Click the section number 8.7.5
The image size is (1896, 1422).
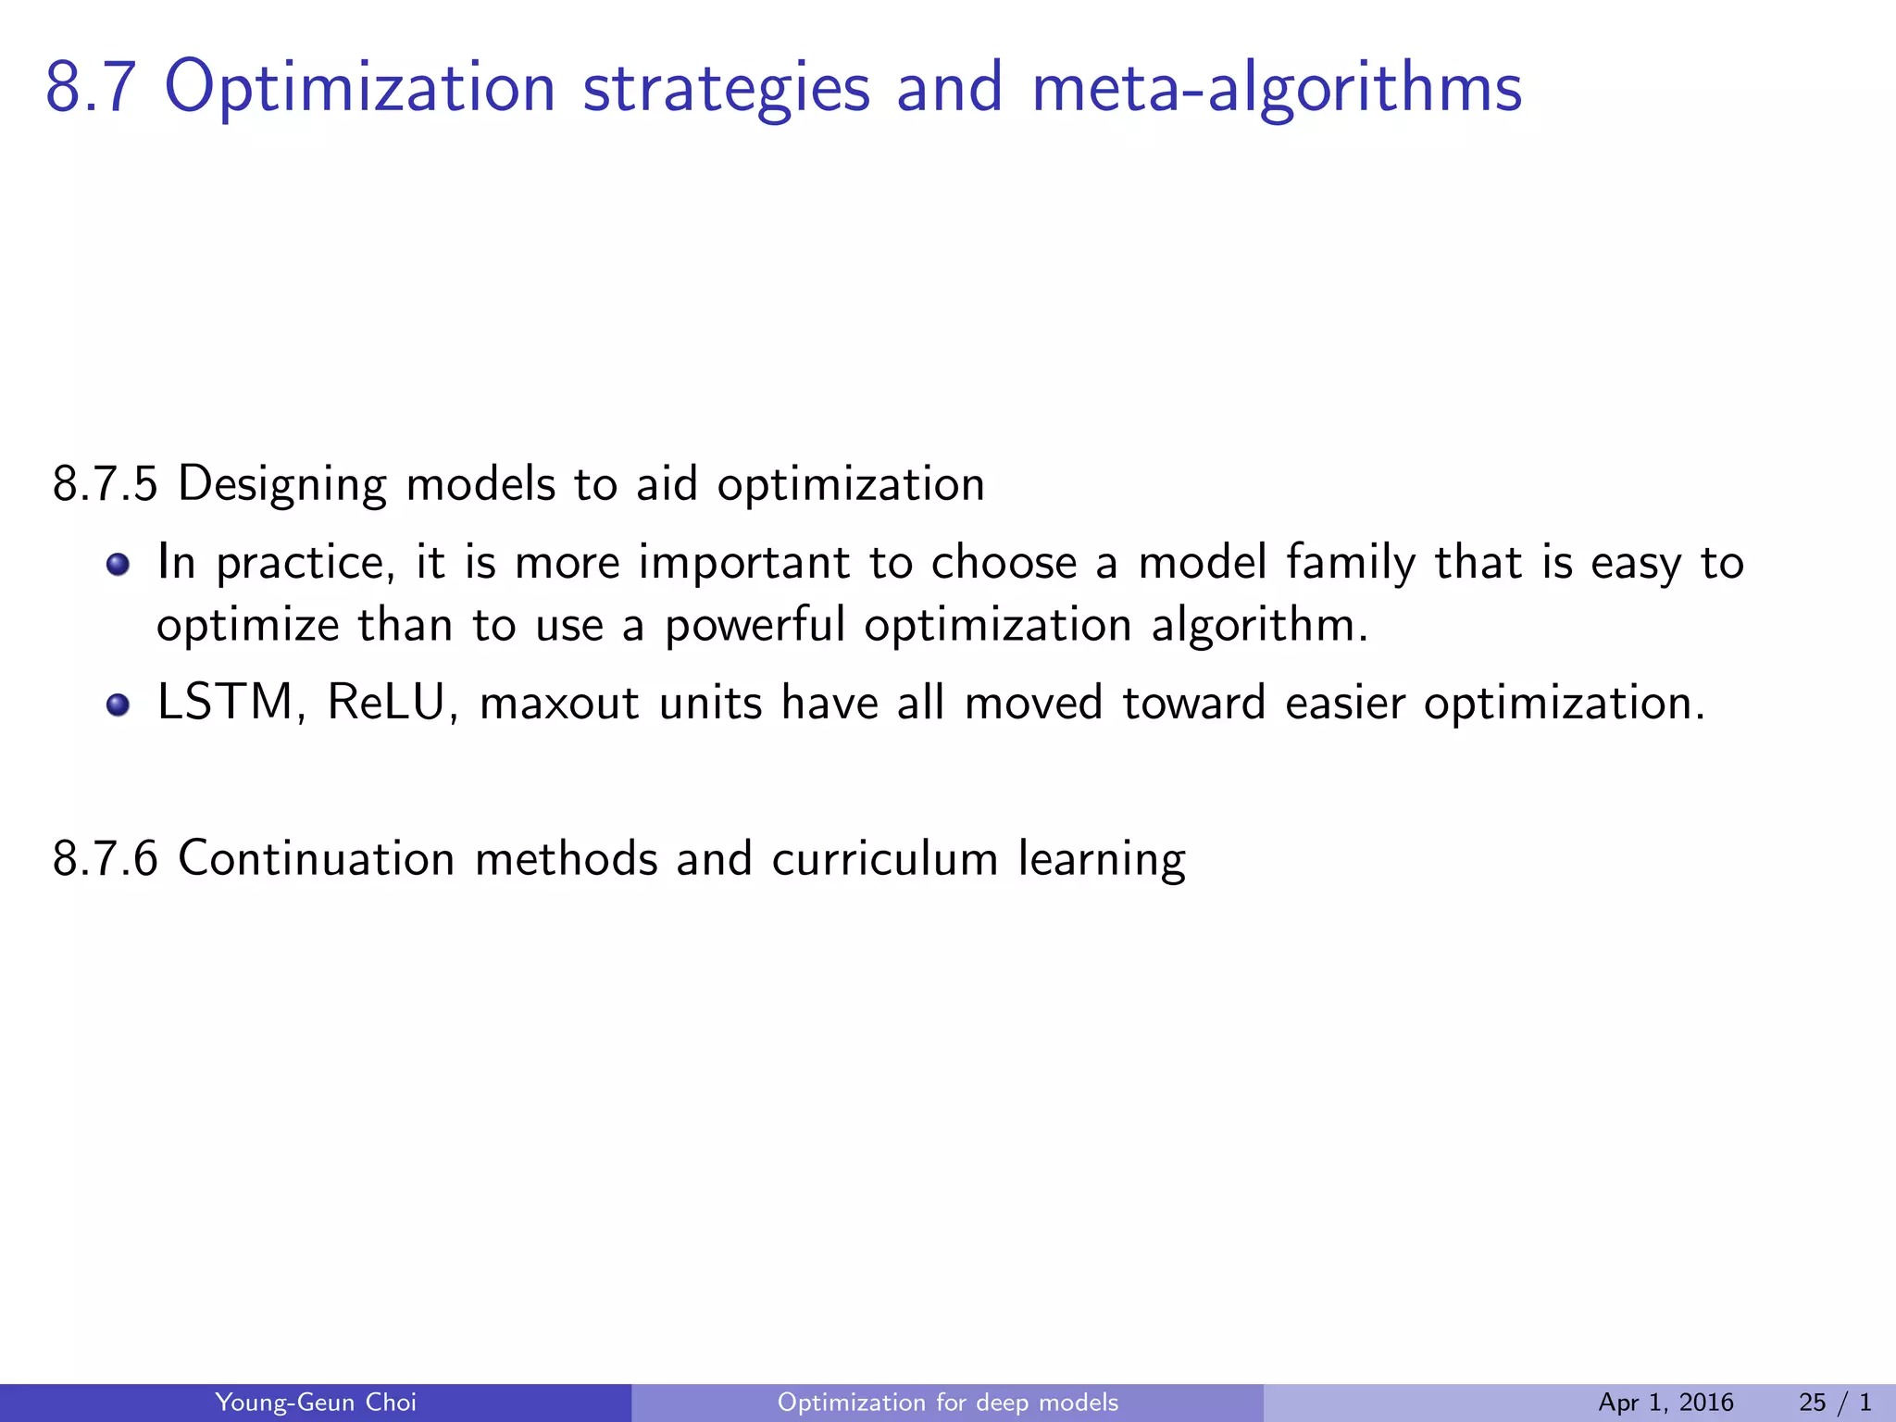point(106,485)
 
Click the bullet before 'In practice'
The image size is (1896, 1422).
point(118,564)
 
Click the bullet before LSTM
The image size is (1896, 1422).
point(118,705)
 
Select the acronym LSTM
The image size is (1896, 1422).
point(224,703)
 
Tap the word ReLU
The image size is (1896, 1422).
point(385,703)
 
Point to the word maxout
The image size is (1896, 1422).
point(559,704)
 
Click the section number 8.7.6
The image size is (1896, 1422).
point(106,859)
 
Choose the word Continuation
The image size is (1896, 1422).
point(316,859)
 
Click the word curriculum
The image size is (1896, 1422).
point(885,859)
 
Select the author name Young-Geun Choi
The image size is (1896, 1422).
point(315,1403)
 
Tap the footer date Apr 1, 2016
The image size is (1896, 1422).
point(1665,1403)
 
